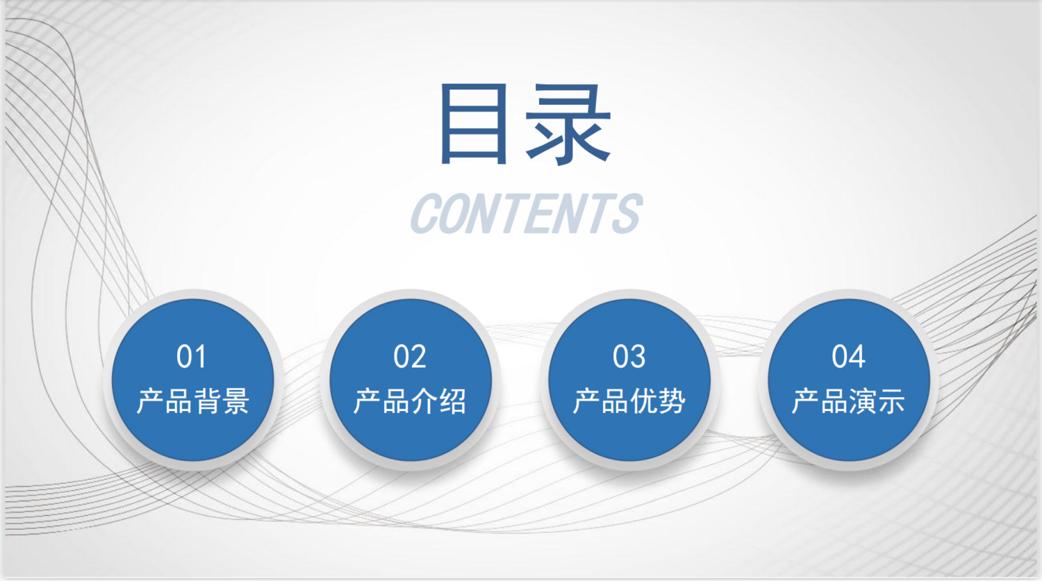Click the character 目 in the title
[x=473, y=124]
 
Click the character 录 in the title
[x=568, y=124]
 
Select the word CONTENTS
[x=526, y=213]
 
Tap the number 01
[x=191, y=357]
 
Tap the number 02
[x=410, y=357]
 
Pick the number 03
[x=629, y=357]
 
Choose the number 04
[x=848, y=357]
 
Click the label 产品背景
[x=193, y=401]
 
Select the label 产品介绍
[x=410, y=401]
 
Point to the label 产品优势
[x=629, y=401]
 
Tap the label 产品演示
[x=848, y=401]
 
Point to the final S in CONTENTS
[x=627, y=213]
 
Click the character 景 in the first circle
[x=236, y=401]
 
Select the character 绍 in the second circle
[x=453, y=401]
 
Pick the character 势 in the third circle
[x=672, y=401]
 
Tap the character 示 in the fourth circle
[x=891, y=401]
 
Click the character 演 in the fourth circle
[x=863, y=401]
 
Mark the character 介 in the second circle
[x=424, y=401]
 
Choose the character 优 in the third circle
[x=643, y=401]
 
